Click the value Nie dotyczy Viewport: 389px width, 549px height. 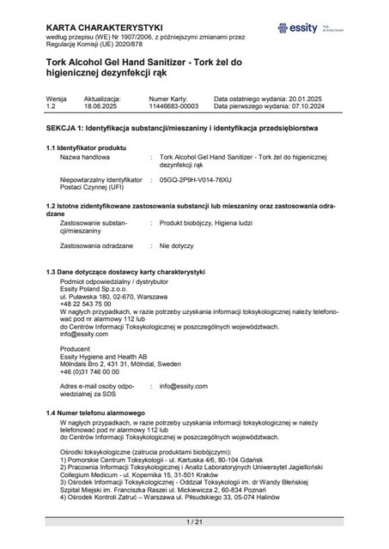tap(176, 245)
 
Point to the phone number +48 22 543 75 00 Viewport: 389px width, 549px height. tap(86, 304)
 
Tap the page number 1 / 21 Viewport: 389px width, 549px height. tap(194, 522)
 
